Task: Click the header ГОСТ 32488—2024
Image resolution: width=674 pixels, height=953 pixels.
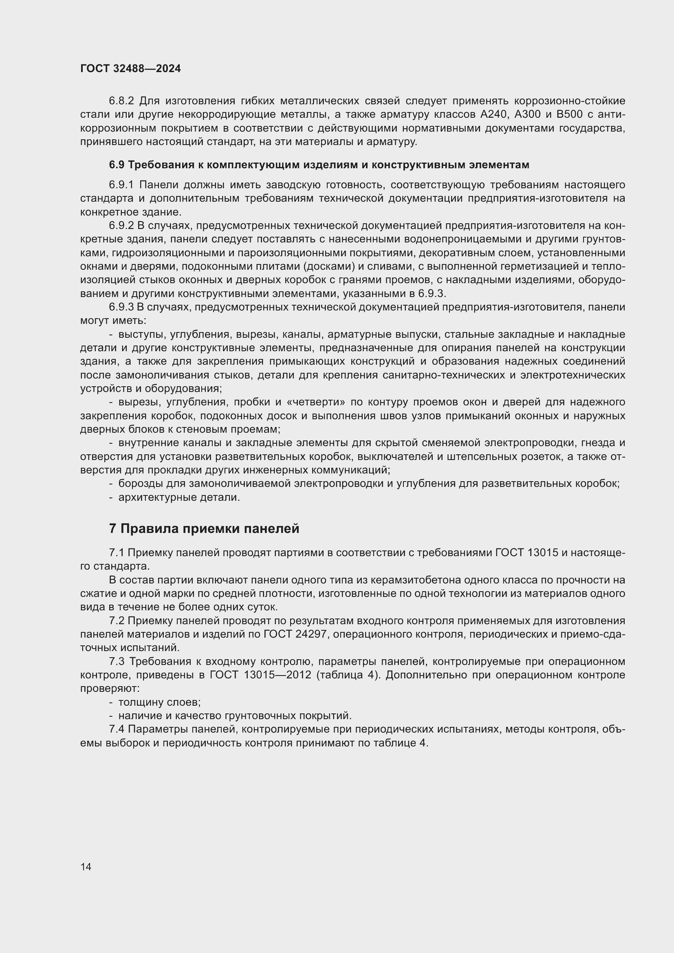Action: (130, 69)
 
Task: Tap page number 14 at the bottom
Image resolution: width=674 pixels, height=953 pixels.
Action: (86, 867)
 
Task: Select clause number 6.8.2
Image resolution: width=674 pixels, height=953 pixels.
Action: (121, 101)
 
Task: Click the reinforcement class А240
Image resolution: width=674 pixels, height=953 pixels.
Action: (494, 114)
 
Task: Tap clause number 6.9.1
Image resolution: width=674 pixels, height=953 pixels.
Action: (121, 185)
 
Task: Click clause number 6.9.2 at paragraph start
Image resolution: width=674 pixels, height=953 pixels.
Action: (121, 226)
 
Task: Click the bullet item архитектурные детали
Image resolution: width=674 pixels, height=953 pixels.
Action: (179, 497)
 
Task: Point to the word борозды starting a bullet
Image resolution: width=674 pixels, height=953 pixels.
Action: (140, 484)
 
